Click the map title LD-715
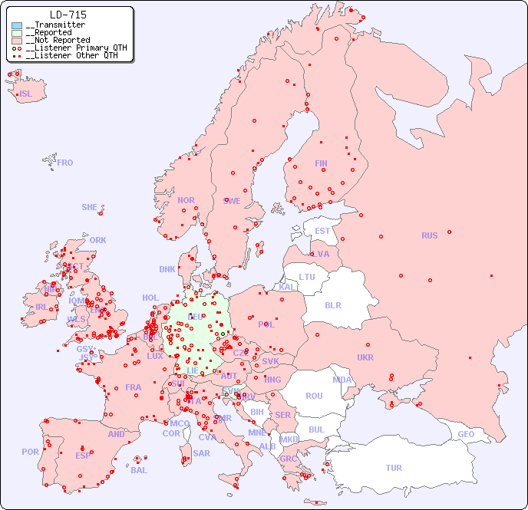pyautogui.click(x=68, y=15)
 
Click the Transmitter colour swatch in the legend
pyautogui.click(x=17, y=25)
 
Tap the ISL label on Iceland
pyautogui.click(x=25, y=94)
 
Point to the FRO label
pyautogui.click(x=65, y=163)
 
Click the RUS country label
pyautogui.click(x=429, y=235)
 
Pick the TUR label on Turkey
pyautogui.click(x=394, y=468)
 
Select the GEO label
pyautogui.click(x=466, y=434)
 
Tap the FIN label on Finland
pyautogui.click(x=321, y=163)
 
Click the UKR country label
pyautogui.click(x=365, y=357)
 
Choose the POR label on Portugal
pyautogui.click(x=30, y=452)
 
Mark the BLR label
pyautogui.click(x=333, y=304)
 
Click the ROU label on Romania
pyautogui.click(x=314, y=396)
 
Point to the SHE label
pyautogui.click(x=90, y=207)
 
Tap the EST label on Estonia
pyautogui.click(x=322, y=231)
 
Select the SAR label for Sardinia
pyautogui.click(x=202, y=453)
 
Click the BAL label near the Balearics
pyautogui.click(x=139, y=470)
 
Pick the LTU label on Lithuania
pyautogui.click(x=307, y=277)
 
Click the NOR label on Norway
pyautogui.click(x=186, y=200)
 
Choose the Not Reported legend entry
pyautogui.click(x=58, y=40)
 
